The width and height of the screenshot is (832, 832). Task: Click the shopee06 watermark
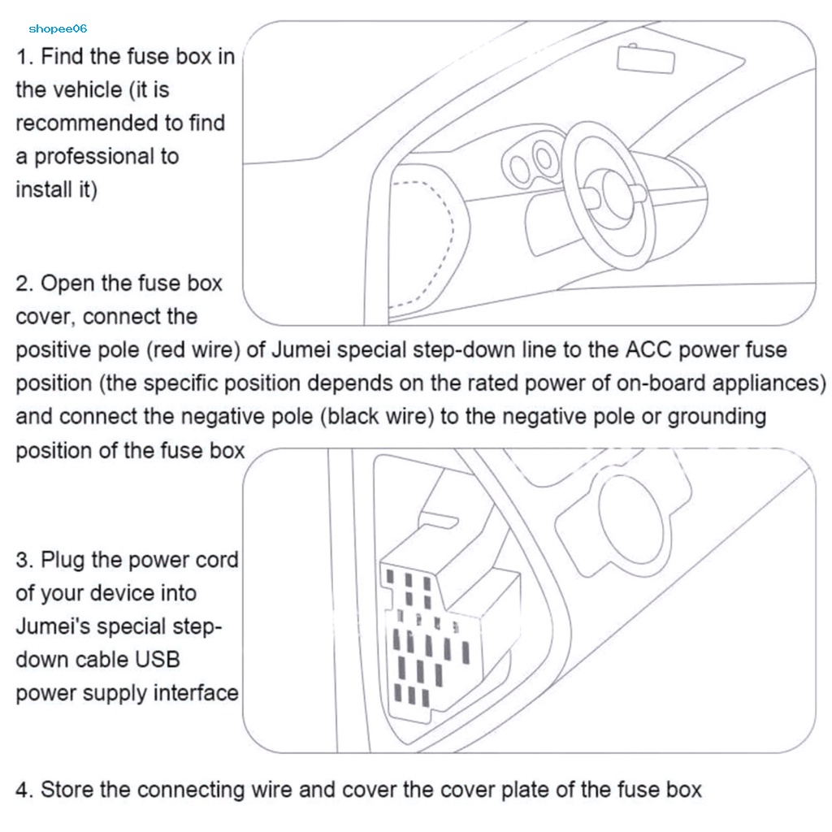click(58, 28)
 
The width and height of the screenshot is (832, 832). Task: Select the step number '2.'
click(24, 284)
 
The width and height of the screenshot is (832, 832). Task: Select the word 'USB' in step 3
click(158, 660)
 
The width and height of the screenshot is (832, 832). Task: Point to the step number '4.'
click(24, 790)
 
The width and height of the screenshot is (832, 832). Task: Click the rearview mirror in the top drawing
click(646, 58)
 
